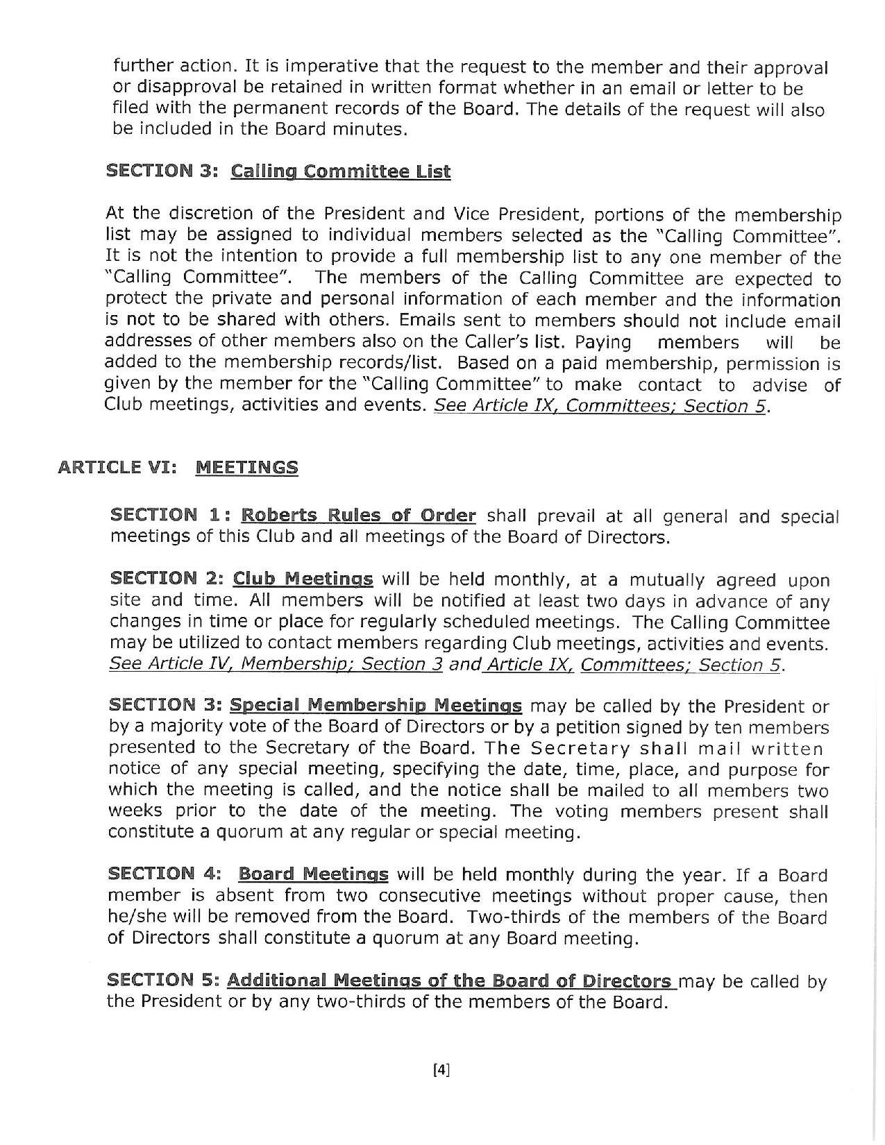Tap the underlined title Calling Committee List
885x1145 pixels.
click(340, 171)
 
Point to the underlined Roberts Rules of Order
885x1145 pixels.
click(358, 516)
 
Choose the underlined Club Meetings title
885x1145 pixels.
click(303, 579)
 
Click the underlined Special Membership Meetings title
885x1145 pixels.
click(376, 706)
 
